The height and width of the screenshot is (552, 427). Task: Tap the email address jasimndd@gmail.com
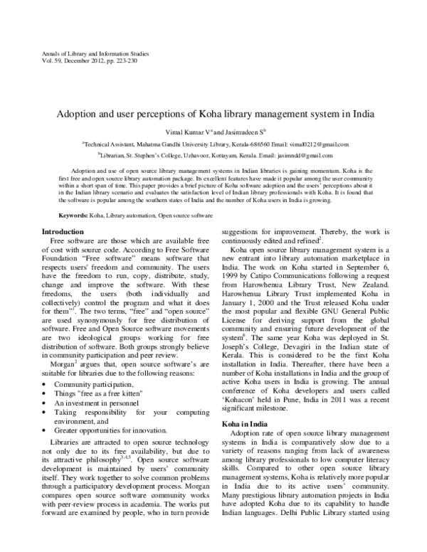(304, 154)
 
